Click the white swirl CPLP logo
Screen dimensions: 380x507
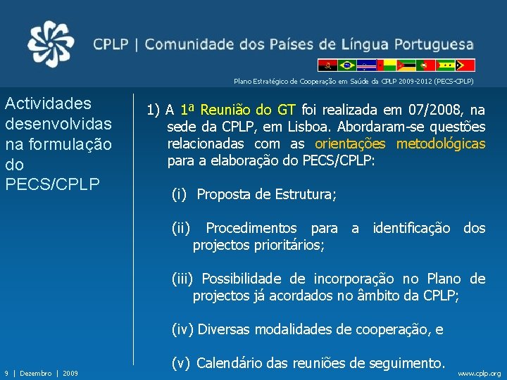point(50,44)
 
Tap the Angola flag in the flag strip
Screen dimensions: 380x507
point(327,65)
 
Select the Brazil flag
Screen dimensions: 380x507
point(346,65)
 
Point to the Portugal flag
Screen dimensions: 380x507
point(425,65)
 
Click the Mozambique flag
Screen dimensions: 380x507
point(406,65)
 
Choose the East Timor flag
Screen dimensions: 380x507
point(465,65)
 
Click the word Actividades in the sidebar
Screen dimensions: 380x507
point(48,103)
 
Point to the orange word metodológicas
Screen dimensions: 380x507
point(441,144)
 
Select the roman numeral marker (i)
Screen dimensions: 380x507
point(181,194)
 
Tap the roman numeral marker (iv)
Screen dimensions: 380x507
point(184,329)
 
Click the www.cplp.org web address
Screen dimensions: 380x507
point(480,373)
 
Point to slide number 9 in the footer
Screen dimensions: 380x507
point(6,373)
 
